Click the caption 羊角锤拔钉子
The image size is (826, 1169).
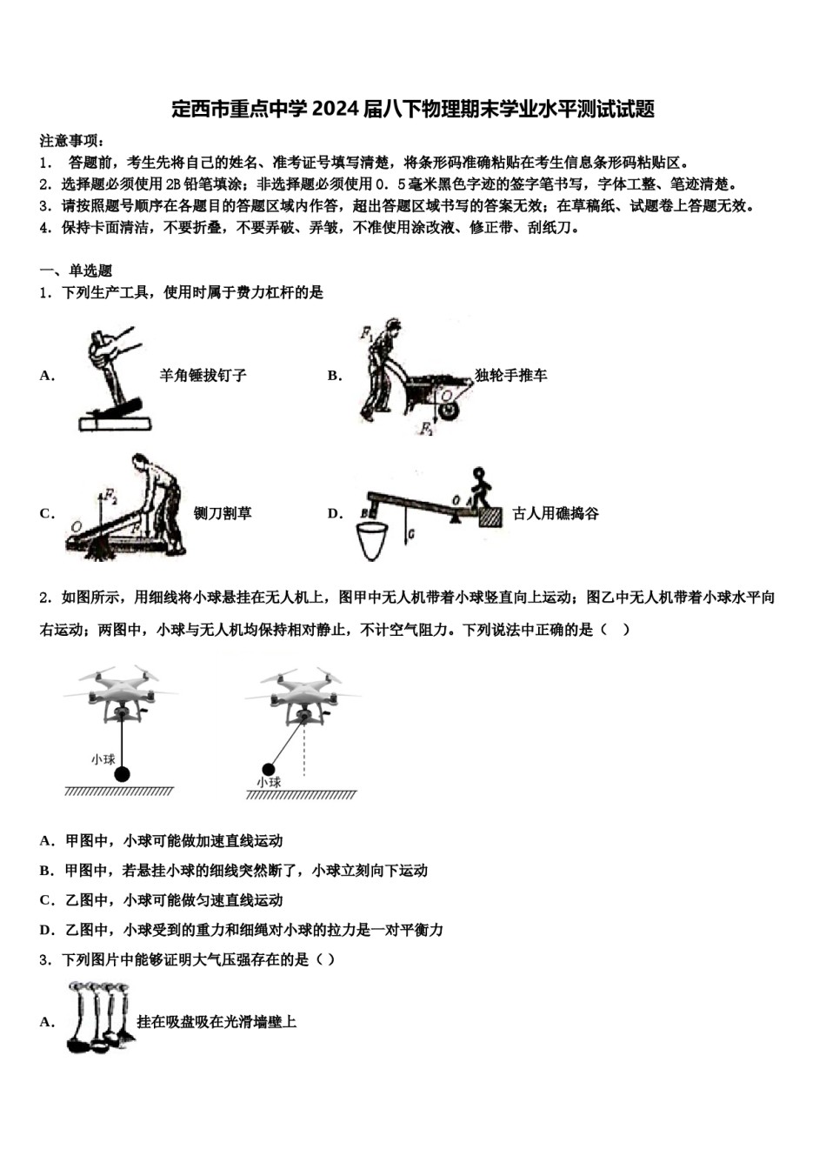(x=203, y=376)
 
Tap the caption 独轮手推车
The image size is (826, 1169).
(x=510, y=376)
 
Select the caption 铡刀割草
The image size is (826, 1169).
(x=223, y=513)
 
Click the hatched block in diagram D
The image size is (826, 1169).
(x=490, y=517)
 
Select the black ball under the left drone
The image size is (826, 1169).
(x=123, y=773)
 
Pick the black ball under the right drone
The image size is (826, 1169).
(x=268, y=768)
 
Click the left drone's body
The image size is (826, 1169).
(x=121, y=696)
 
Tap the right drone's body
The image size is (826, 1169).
(x=303, y=696)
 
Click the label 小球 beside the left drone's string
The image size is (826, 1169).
(x=103, y=759)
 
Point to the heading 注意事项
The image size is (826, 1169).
(x=72, y=141)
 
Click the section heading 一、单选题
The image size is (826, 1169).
(x=77, y=271)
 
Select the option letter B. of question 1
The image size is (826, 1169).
(x=335, y=376)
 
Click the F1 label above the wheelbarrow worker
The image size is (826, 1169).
(x=366, y=332)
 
